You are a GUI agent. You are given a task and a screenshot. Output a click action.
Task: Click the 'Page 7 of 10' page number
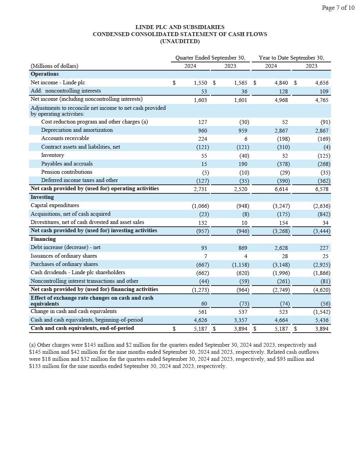[x=338, y=8]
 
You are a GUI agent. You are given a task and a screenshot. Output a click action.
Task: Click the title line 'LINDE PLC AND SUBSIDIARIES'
[x=180, y=27]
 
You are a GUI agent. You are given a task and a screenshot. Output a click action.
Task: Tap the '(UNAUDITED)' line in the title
[x=180, y=41]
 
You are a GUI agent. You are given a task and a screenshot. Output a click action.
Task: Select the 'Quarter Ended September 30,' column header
[x=210, y=58]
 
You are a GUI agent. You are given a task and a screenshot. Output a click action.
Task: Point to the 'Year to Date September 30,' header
[x=291, y=58]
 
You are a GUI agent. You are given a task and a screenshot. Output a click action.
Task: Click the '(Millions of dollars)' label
[x=54, y=66]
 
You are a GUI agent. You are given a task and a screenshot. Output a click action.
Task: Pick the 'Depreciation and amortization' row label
[x=77, y=130]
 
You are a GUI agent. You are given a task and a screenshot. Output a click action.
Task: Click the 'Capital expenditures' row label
[x=55, y=206]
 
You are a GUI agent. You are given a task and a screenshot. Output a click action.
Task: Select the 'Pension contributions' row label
[x=67, y=172]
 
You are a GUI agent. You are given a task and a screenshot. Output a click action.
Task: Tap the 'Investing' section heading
[x=42, y=197]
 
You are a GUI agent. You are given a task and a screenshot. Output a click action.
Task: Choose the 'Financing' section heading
[x=43, y=239]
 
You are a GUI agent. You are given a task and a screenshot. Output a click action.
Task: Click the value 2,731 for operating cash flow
[x=200, y=189]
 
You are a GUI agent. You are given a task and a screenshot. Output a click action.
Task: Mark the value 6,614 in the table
[x=281, y=189]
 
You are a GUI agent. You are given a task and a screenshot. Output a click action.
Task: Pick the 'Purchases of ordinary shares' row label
[x=64, y=264]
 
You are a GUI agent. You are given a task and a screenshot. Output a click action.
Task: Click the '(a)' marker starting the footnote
[x=33, y=345]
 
